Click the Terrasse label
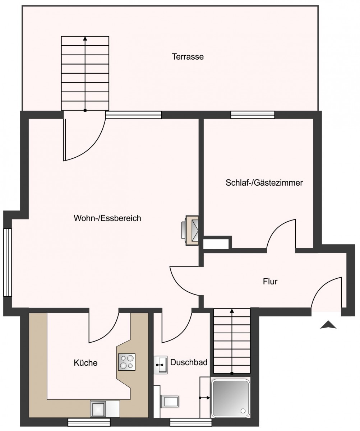[188, 56]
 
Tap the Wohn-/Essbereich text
[107, 218]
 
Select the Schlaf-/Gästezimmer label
[264, 183]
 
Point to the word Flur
[270, 281]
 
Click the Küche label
[86, 369]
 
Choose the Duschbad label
[189, 368]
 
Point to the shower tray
[231, 400]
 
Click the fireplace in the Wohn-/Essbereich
[190, 230]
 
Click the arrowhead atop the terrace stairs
[85, 38]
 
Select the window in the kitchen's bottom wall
[89, 422]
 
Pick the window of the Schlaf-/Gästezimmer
[253, 115]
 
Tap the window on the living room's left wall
[8, 263]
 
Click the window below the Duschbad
[191, 422]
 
